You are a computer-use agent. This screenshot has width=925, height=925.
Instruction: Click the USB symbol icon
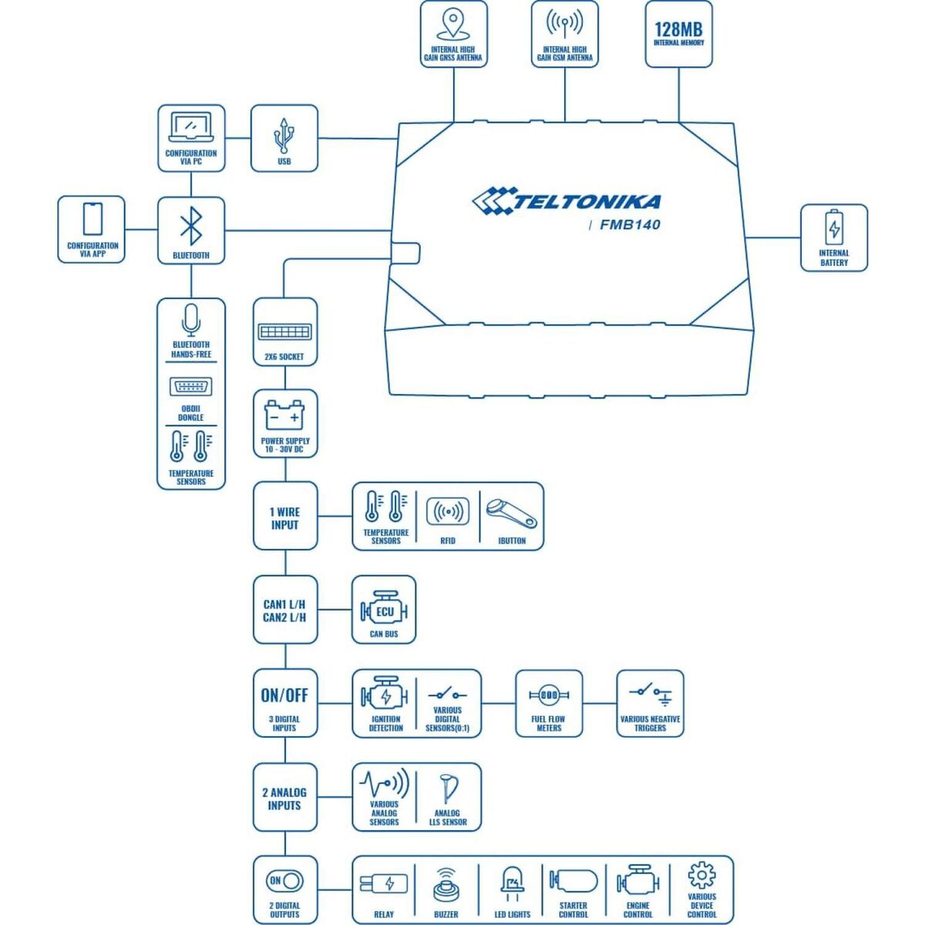284,136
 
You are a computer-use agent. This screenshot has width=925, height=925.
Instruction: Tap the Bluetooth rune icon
190,227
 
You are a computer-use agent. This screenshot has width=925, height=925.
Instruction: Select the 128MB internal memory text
678,29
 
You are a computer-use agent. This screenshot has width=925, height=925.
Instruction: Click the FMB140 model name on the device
630,225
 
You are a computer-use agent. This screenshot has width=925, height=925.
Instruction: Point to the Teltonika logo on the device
567,201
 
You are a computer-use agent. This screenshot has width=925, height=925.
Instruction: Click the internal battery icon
834,228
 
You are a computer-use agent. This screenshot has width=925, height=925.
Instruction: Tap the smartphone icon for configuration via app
92,220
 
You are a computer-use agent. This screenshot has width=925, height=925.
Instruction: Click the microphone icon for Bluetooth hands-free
190,319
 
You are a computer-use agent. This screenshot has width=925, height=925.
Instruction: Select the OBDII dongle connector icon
190,387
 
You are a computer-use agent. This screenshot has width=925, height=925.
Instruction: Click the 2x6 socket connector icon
284,331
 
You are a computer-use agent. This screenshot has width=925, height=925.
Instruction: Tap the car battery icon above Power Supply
284,416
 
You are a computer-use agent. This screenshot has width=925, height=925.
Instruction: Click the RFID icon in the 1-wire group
448,512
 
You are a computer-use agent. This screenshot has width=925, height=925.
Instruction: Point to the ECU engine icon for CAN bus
384,611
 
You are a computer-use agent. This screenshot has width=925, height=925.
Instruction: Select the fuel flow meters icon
548,695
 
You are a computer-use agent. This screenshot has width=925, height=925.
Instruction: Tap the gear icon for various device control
701,876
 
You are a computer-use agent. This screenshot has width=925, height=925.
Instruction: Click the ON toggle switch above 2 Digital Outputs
284,880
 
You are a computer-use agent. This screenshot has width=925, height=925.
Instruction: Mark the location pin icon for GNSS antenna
452,25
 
